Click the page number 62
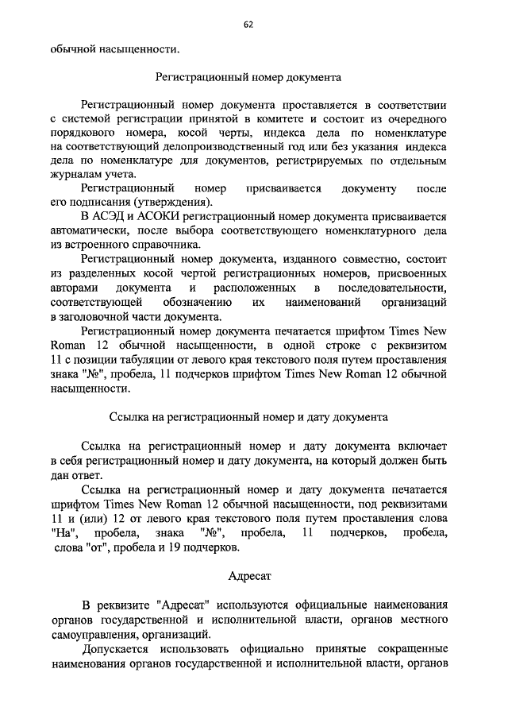[248, 25]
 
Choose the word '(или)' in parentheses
[91, 518]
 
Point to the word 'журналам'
[72, 176]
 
